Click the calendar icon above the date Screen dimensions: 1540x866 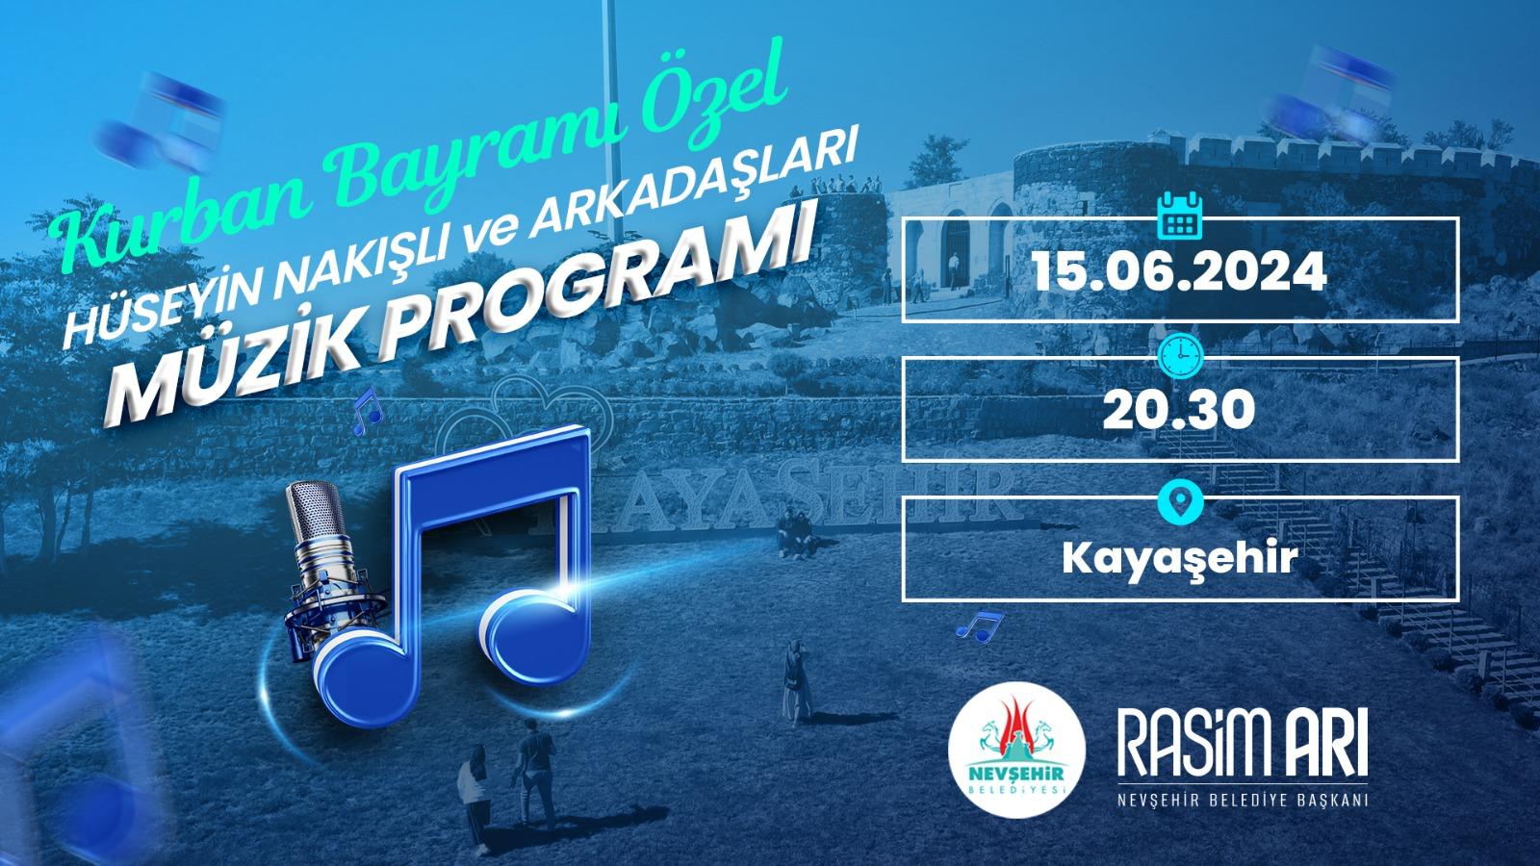point(1180,216)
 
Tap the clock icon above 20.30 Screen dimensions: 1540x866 point(1181,356)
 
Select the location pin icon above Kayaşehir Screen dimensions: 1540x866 point(1181,501)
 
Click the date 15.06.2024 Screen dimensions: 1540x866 point(1179,271)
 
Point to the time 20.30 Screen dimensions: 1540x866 point(1179,410)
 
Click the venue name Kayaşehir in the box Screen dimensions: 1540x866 point(1180,558)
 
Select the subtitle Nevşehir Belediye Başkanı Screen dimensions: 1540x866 point(1243,800)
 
